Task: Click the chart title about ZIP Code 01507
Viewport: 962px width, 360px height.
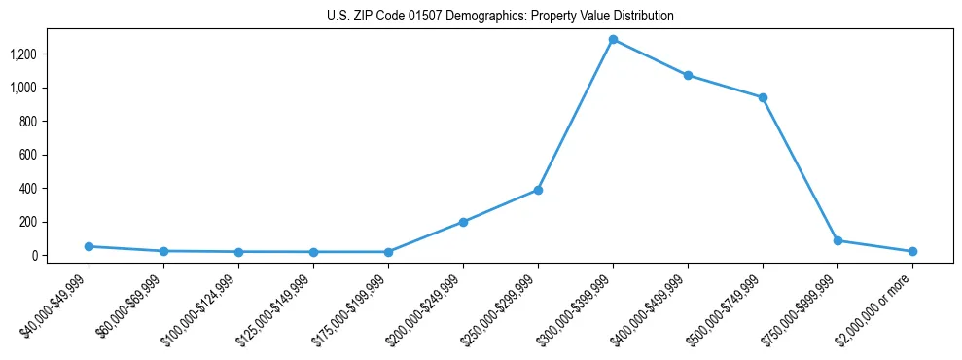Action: pos(501,17)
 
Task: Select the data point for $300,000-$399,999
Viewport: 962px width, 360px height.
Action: pos(613,39)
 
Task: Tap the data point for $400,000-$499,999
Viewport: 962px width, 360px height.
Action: pos(688,75)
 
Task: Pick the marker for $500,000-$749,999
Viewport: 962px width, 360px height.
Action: pos(763,97)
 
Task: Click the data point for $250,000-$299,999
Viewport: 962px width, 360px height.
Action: pos(538,190)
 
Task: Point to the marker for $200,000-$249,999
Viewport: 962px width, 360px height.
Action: pos(463,222)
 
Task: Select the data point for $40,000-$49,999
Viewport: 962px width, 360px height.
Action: pos(89,246)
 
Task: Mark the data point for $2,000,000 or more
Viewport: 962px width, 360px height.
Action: pos(912,251)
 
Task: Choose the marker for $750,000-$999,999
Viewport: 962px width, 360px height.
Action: pos(837,240)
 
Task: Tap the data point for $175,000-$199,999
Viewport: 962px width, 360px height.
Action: pos(388,252)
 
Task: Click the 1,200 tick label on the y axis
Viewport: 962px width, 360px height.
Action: pos(22,54)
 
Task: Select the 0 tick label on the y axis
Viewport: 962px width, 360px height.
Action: pos(34,256)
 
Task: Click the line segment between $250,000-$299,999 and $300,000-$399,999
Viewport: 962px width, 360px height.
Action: pos(575,115)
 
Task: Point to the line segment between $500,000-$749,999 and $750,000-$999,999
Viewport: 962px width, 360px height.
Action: pos(800,168)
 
